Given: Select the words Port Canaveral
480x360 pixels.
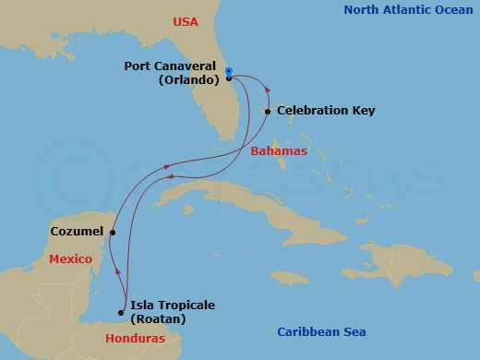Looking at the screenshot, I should click(172, 66).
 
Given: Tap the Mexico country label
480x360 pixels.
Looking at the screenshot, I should click(71, 260).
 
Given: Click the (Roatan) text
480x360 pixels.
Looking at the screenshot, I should click(158, 318).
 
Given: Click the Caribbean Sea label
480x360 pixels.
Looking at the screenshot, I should click(321, 332).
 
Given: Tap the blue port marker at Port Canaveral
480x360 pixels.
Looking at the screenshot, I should click(228, 70).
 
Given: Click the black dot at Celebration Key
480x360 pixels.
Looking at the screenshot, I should click(267, 112).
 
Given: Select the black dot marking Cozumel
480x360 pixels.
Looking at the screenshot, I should click(113, 233).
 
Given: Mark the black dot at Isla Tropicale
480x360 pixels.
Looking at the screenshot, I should click(122, 311).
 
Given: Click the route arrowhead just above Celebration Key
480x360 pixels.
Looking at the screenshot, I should click(268, 90).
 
